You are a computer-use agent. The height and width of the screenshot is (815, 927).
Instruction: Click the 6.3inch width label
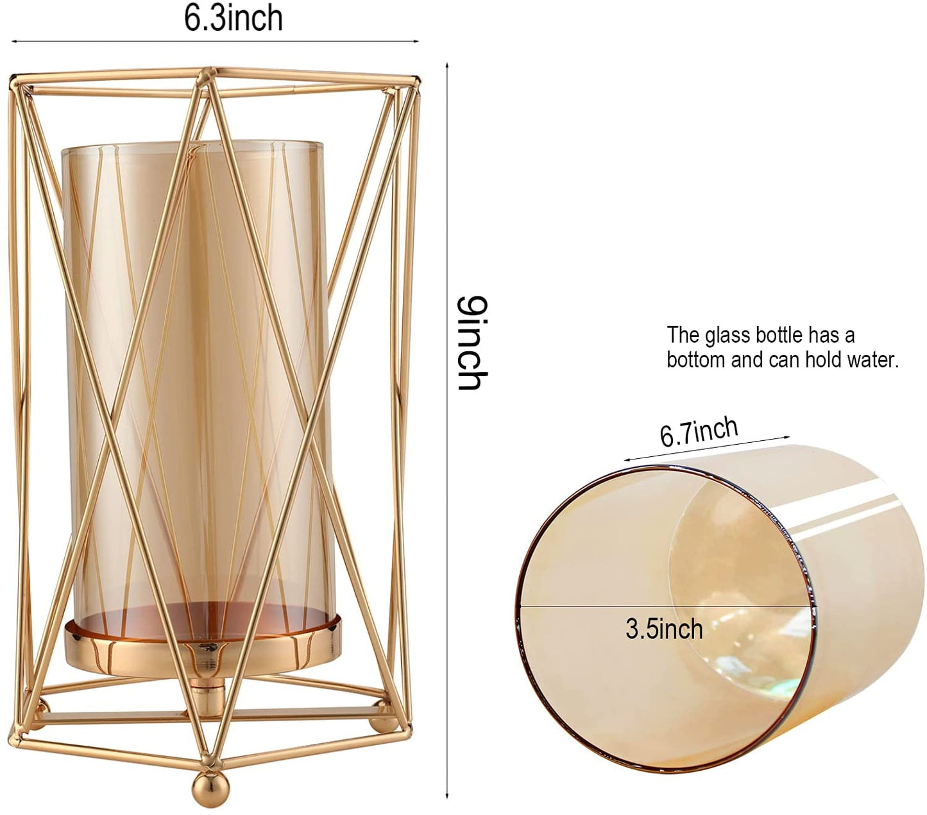click(234, 19)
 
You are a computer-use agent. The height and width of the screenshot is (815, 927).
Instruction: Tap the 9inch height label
click(472, 343)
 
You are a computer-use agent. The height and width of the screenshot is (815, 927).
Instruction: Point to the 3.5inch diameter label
click(664, 629)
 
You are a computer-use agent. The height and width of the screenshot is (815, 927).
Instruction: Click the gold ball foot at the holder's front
click(210, 789)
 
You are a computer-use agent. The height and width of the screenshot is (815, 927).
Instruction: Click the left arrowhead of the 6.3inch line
click(13, 41)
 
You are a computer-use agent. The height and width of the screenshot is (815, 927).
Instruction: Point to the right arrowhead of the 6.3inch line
click(416, 41)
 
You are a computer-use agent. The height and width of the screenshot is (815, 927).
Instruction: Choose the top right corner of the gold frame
click(414, 82)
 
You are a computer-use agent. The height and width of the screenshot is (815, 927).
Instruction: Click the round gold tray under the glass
click(203, 648)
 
